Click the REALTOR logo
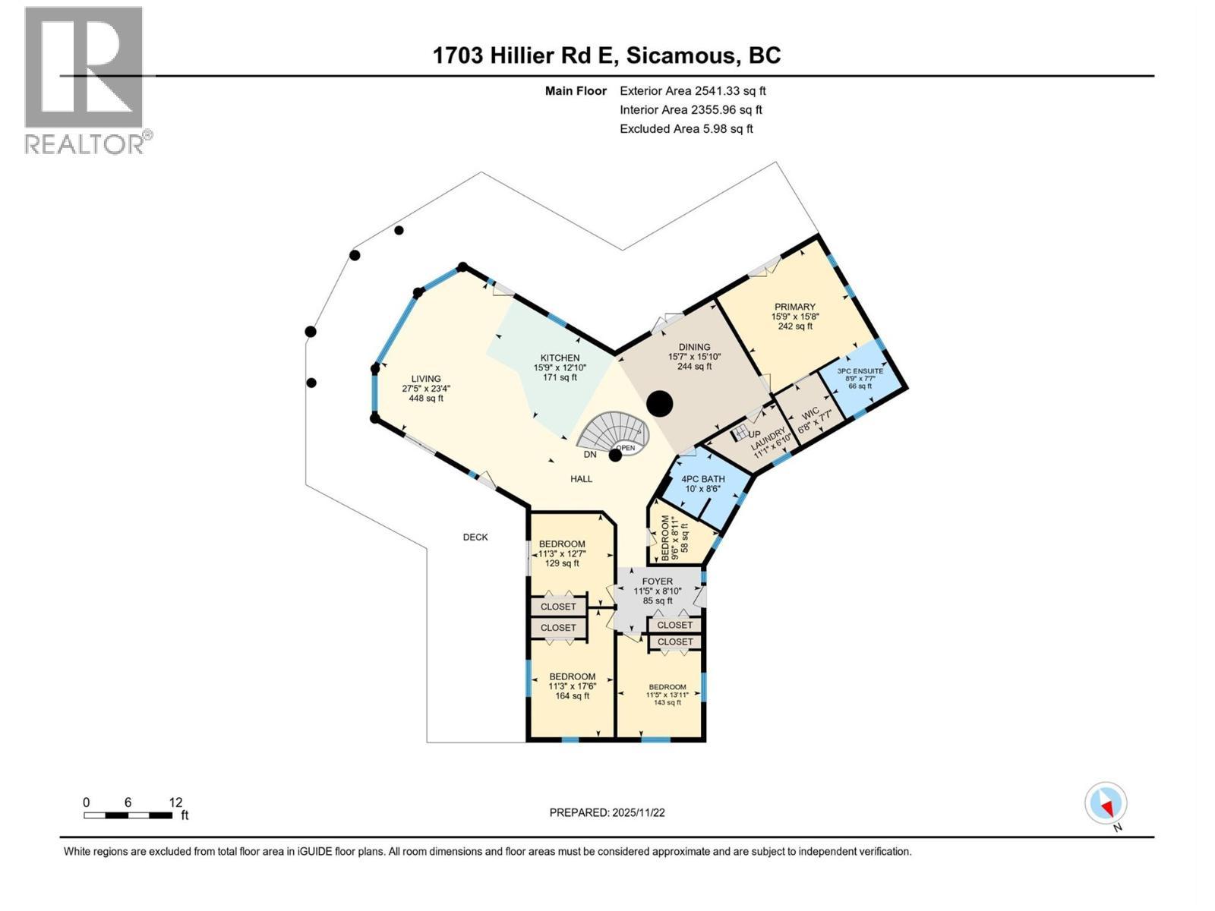[x=84, y=80]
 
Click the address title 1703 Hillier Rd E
[x=607, y=55]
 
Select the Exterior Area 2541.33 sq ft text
[x=693, y=91]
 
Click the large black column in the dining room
[x=661, y=403]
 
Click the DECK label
[x=475, y=537]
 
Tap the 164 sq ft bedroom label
[x=572, y=686]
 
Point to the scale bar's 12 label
[x=175, y=802]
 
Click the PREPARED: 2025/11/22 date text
[x=607, y=812]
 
